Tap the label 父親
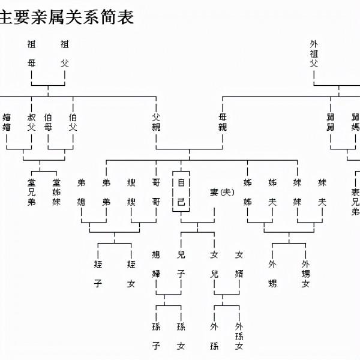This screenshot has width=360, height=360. [x=156, y=122]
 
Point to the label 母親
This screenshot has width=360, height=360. [x=223, y=122]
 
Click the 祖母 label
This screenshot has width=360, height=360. [x=32, y=53]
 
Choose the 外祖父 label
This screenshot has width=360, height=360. [x=314, y=53]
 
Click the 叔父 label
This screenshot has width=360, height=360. [x=32, y=122]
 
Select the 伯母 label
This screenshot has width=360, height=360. [x=49, y=122]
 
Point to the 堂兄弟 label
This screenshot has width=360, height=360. [x=32, y=192]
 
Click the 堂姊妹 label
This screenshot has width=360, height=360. [x=56, y=192]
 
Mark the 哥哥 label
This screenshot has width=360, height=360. [x=156, y=192]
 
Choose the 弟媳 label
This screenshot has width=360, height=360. [x=82, y=192]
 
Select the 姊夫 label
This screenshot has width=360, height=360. [x=272, y=192]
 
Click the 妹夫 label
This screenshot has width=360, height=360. [x=322, y=192]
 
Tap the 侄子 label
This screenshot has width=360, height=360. [x=98, y=274]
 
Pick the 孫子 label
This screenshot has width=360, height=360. [x=156, y=336]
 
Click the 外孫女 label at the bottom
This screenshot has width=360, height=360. [x=239, y=336]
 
